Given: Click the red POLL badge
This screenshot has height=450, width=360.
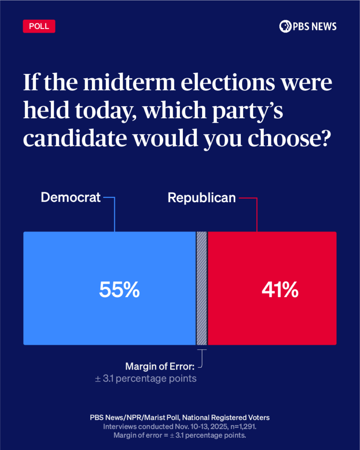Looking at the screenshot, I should pos(39,26).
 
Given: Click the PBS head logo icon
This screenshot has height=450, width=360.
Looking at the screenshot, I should pos(285,26).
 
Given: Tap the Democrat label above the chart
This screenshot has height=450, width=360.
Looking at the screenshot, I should pos(70,198).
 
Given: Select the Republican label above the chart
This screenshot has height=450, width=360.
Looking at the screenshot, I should pos(202,198).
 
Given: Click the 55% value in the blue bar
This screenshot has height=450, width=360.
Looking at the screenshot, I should pos(119,290).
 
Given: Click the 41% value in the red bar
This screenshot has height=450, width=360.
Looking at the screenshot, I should pos(280,290).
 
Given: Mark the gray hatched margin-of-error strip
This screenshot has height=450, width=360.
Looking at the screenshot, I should pos(202,288).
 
